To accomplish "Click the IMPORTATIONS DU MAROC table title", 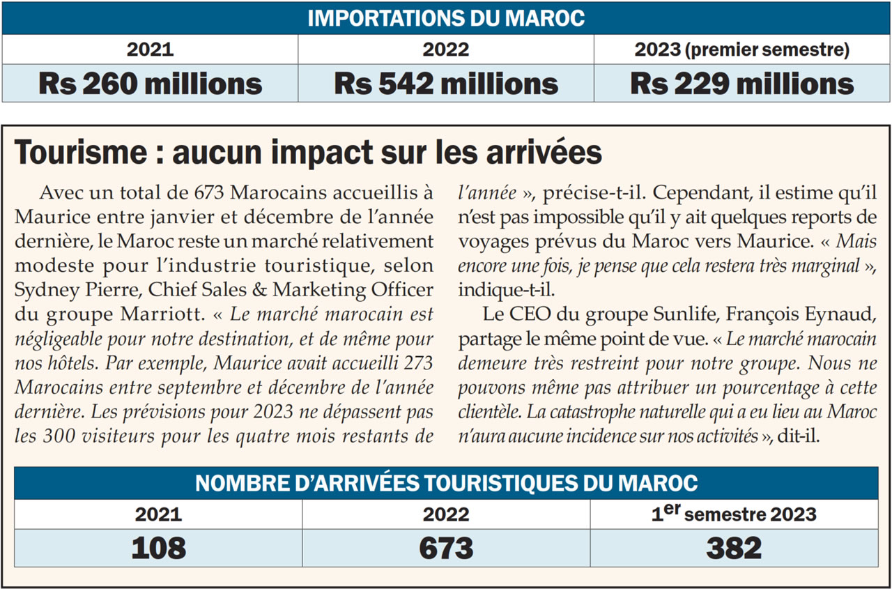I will pos(446,18).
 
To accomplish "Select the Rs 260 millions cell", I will pos(150,84).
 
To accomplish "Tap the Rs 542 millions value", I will pos(446,84).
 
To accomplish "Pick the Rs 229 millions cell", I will pos(742,84).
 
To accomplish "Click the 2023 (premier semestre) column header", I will pos(742,49).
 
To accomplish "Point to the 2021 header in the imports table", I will pos(150,49).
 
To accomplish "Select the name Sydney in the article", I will pos(47,289).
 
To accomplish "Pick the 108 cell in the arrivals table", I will pos(159,549).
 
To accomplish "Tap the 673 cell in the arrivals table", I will pos(446,549).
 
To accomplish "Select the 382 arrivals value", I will pos(734,549).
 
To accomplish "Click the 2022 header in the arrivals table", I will pos(446,515).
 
